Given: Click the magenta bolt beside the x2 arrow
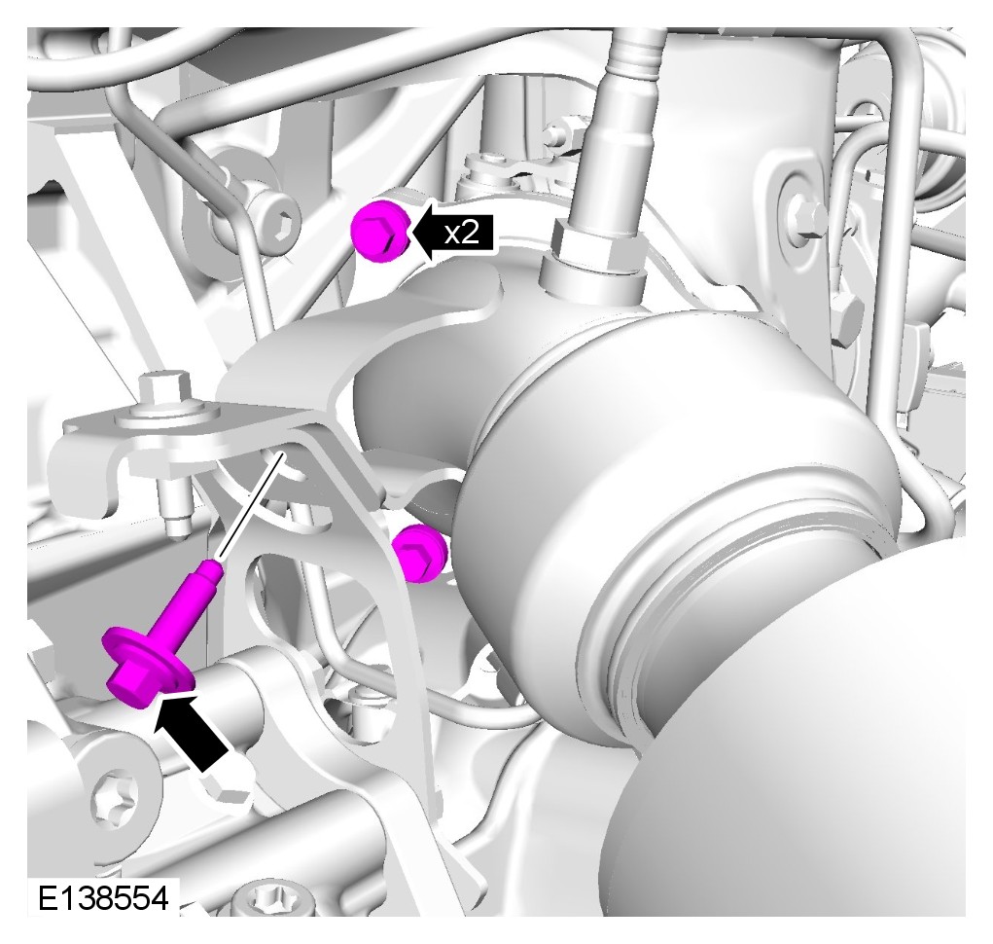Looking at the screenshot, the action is pyautogui.click(x=381, y=230).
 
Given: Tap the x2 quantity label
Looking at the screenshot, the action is pyautogui.click(x=461, y=235).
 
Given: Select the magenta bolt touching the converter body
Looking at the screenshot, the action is pyautogui.click(x=420, y=552).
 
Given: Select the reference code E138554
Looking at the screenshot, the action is pyautogui.click(x=104, y=898).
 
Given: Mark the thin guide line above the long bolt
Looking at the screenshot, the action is pyautogui.click(x=251, y=505).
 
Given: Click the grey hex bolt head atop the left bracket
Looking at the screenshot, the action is pyautogui.click(x=163, y=387).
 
